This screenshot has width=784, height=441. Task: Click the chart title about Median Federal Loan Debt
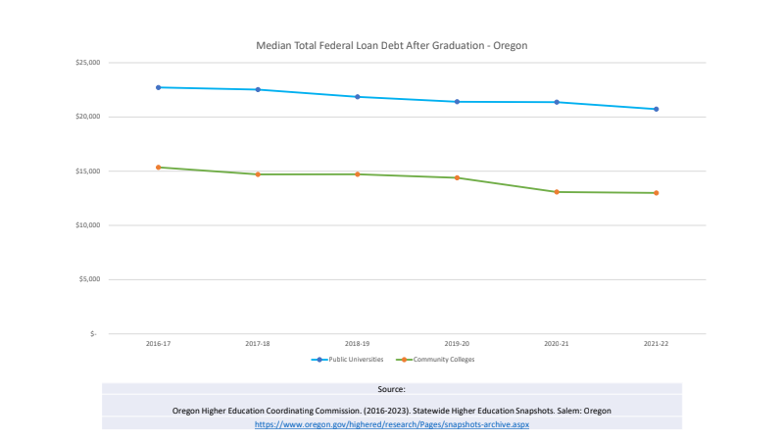click(391, 45)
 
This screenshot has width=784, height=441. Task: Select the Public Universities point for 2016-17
click(158, 87)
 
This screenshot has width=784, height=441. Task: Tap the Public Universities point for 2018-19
click(357, 97)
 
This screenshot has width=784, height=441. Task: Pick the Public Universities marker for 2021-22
click(656, 109)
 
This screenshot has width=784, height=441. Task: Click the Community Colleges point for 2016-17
click(158, 168)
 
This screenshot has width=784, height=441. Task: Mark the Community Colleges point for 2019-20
click(457, 177)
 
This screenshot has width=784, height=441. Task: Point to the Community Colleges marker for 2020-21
click(557, 192)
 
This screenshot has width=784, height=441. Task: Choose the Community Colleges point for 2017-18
click(258, 174)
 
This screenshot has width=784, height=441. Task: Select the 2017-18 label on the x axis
click(258, 345)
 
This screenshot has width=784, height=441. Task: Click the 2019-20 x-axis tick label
click(457, 345)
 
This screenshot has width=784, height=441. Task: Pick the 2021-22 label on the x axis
click(656, 345)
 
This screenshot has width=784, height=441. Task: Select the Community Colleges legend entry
click(444, 360)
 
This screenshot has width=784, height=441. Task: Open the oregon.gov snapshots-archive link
click(391, 424)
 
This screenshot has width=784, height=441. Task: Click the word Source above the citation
click(391, 390)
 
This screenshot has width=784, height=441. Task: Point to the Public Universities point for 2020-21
click(557, 102)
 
